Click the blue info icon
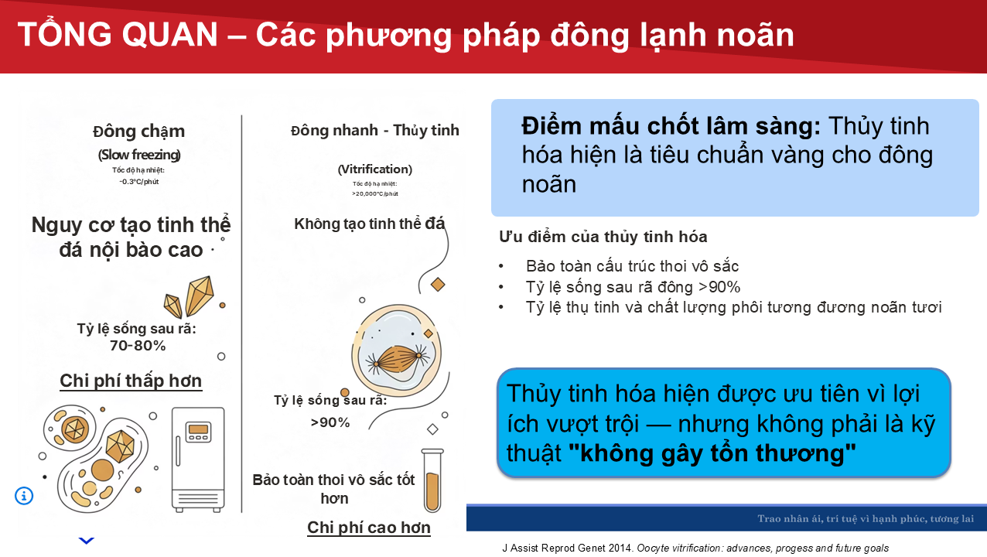tap(24, 496)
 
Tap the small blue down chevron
tap(87, 540)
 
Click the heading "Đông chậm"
tap(138, 132)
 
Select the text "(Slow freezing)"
tap(139, 155)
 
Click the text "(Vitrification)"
tap(375, 169)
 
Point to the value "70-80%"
tap(138, 346)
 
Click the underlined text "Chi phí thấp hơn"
tap(131, 381)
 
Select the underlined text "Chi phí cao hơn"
tap(369, 528)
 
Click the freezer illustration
tap(198, 460)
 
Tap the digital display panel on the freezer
tap(198, 432)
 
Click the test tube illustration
tap(432, 480)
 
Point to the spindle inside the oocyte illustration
tap(398, 359)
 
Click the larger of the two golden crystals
tap(200, 296)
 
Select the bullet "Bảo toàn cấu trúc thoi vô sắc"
tap(632, 266)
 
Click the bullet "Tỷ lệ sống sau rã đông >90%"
tap(633, 287)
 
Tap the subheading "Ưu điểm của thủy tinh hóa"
tap(603, 237)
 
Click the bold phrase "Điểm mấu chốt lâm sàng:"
tap(671, 126)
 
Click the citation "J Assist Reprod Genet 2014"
tap(568, 548)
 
